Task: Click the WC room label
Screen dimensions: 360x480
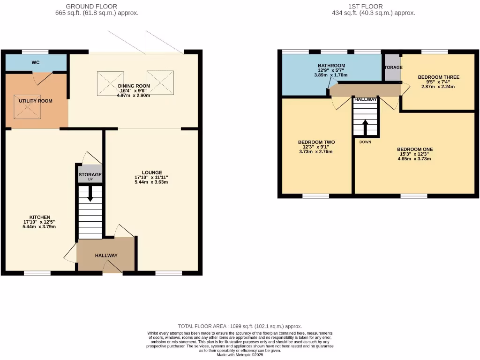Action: point(36,62)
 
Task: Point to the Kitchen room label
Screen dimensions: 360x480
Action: point(40,217)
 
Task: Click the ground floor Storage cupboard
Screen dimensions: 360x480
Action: point(90,174)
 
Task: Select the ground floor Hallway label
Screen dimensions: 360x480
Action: point(106,255)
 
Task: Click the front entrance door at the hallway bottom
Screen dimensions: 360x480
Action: point(112,268)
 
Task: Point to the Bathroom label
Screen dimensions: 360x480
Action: point(331,66)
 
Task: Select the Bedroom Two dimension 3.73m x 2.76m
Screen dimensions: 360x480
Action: point(316,152)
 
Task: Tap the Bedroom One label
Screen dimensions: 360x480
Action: point(414,149)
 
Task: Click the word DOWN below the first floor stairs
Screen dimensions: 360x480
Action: point(366,142)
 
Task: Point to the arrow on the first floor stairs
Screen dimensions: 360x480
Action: point(365,126)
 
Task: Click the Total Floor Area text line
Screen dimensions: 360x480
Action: point(240,326)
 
